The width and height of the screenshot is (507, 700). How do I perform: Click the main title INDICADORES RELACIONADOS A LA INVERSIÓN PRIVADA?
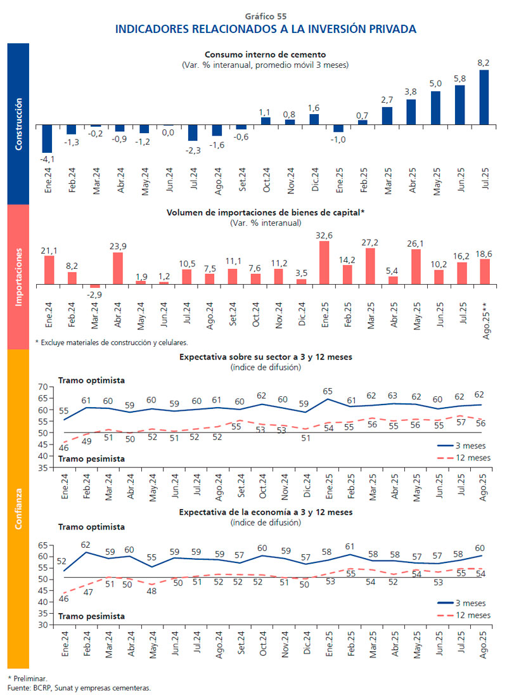(x=266, y=29)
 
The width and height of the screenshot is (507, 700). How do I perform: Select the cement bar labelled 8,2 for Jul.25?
(x=484, y=97)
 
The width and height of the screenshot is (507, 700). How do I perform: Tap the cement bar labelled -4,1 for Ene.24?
(x=47, y=139)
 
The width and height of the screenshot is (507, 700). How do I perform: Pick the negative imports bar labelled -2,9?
(x=94, y=286)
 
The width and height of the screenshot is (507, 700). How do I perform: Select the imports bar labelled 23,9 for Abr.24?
(x=118, y=268)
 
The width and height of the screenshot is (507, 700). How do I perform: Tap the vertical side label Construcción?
(x=18, y=124)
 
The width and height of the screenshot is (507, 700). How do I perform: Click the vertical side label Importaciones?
(x=18, y=276)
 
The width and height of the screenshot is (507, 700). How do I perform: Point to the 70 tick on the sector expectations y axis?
(x=43, y=387)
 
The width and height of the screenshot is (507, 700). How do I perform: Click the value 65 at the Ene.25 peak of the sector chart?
(x=328, y=391)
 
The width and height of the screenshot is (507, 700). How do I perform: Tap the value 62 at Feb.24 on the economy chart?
(x=86, y=545)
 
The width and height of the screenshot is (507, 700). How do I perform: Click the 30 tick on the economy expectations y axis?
(x=43, y=625)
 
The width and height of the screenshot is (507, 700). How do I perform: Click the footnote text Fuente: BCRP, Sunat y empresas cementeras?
(x=79, y=687)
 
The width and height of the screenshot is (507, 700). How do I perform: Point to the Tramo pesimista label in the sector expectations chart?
(x=91, y=458)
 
